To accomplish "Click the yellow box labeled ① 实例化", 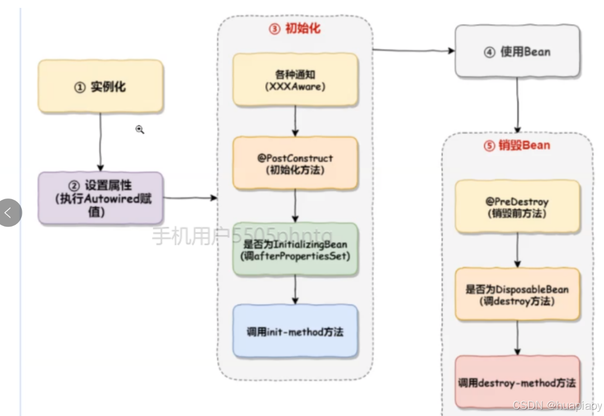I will tap(100, 86).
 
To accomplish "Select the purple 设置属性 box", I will tap(100, 198).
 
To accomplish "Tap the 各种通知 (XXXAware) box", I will tap(295, 80).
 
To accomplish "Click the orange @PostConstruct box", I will tap(295, 163).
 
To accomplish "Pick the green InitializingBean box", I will tap(295, 250).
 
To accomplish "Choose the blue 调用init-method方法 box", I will tap(295, 331).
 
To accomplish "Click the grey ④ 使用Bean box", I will tap(517, 52).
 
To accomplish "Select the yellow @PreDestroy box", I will tap(517, 207).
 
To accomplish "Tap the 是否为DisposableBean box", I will tap(517, 295).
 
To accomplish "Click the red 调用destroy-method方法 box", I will tap(517, 383).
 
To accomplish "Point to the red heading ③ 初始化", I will tap(295, 29).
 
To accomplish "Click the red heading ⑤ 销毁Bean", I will tap(517, 145).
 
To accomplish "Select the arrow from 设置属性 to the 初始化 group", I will tap(190, 198).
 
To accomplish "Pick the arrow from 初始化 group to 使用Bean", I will tap(413, 51).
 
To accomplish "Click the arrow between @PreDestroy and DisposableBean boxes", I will tap(518, 250).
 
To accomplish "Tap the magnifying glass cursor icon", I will tap(140, 129).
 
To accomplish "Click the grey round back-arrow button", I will tap(9, 212).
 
